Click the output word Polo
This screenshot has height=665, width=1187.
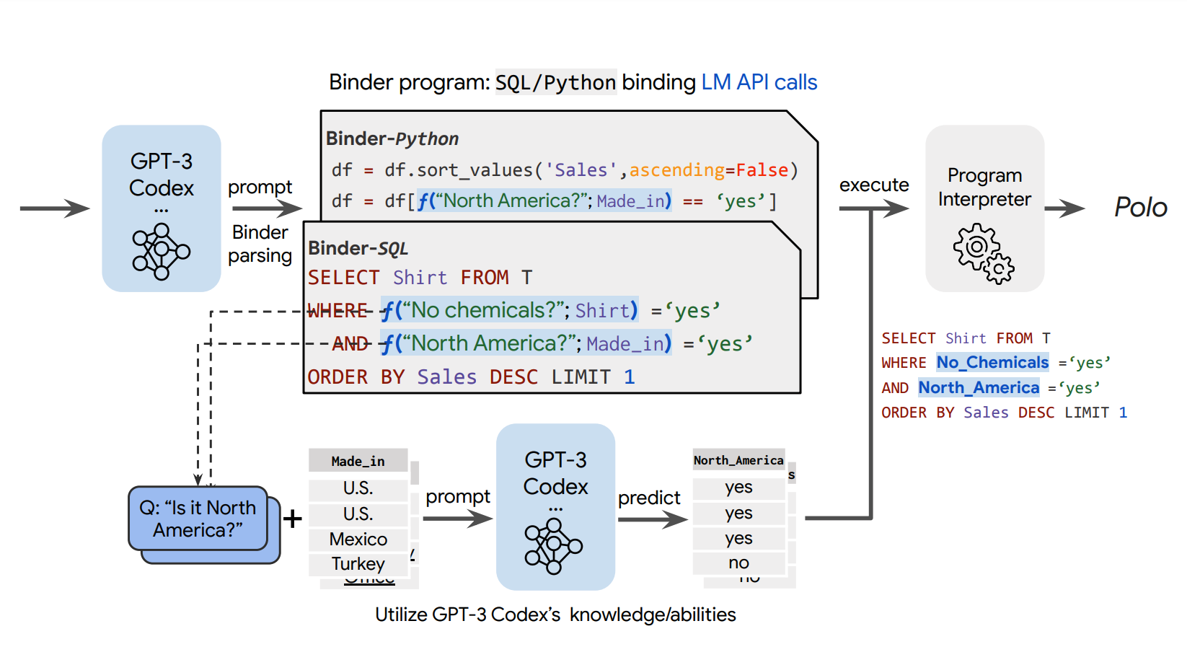pyautogui.click(x=1139, y=207)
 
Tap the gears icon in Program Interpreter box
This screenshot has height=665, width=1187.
pyautogui.click(x=983, y=253)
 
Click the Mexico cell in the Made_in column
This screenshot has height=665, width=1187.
pyautogui.click(x=358, y=539)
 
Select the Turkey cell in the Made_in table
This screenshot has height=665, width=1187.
pyautogui.click(x=358, y=563)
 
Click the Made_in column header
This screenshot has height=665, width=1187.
pyautogui.click(x=358, y=461)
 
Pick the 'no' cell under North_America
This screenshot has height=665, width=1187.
pyautogui.click(x=738, y=563)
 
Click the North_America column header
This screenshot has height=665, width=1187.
pyautogui.click(x=738, y=460)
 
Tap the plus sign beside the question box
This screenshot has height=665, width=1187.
pyautogui.click(x=292, y=519)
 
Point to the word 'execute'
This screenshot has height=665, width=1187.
pyautogui.click(x=873, y=185)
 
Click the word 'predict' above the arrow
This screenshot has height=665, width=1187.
pyautogui.click(x=649, y=498)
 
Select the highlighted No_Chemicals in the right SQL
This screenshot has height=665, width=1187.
pyautogui.click(x=992, y=362)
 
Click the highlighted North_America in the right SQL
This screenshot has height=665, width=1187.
pyautogui.click(x=979, y=387)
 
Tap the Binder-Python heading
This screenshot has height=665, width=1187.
pyautogui.click(x=392, y=138)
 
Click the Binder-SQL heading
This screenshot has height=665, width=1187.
pyautogui.click(x=358, y=248)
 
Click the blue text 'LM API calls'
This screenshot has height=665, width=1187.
pyautogui.click(x=759, y=82)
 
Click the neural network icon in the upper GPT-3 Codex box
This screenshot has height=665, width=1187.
pyautogui.click(x=161, y=251)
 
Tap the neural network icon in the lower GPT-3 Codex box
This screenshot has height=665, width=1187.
pyautogui.click(x=553, y=546)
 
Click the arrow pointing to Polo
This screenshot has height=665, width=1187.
pyautogui.click(x=1065, y=208)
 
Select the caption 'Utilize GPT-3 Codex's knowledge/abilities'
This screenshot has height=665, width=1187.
pyautogui.click(x=555, y=615)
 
